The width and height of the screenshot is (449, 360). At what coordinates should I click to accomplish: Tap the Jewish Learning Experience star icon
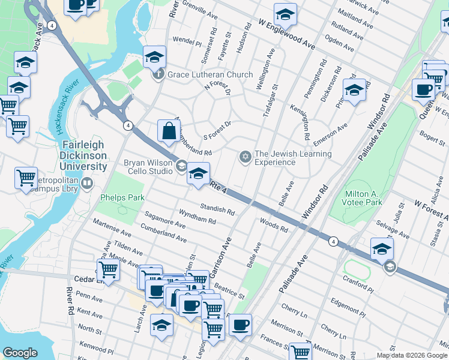244,157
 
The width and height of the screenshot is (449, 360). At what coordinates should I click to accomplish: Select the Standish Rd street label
217,209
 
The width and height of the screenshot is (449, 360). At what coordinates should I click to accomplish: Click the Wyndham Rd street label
197,217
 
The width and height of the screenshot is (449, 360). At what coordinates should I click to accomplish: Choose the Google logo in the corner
20,353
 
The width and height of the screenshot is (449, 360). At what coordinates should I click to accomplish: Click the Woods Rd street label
274,226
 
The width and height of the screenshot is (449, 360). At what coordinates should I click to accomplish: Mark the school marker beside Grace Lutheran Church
154,57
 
